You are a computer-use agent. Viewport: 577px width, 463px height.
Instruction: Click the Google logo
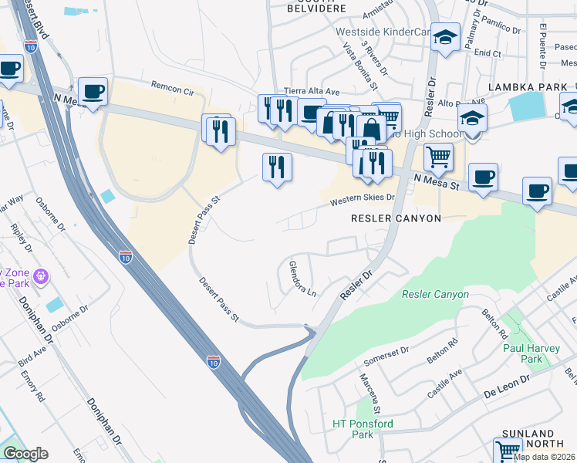tap(25, 454)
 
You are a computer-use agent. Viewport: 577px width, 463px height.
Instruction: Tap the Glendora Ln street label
tap(302, 279)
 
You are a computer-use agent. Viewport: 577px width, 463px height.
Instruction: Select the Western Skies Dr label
tap(362, 199)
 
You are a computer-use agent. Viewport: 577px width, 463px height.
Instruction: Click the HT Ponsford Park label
tap(363, 429)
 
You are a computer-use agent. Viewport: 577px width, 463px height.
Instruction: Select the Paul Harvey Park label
tap(533, 353)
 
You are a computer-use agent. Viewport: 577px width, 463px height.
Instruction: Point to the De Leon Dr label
tap(508, 380)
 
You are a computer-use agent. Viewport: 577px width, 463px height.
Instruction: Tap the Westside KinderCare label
tap(382, 32)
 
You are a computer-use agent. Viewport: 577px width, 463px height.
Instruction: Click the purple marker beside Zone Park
tap(41, 275)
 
